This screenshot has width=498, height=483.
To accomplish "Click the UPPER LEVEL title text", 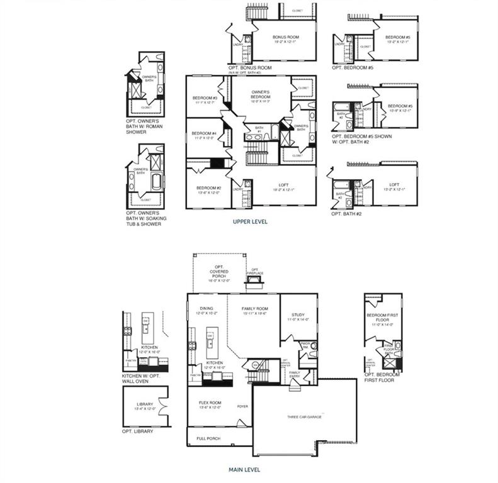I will pyautogui.click(x=250, y=221).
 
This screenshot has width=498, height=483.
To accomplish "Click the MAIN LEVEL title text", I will pyautogui.click(x=244, y=469).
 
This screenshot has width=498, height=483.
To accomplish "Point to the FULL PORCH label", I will pyautogui.click(x=208, y=438).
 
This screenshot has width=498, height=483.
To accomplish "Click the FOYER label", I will pyautogui.click(x=242, y=406).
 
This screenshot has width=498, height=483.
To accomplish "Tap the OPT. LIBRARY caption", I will pyautogui.click(x=137, y=431).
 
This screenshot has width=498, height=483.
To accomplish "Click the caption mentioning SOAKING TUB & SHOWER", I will pyautogui.click(x=143, y=218).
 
